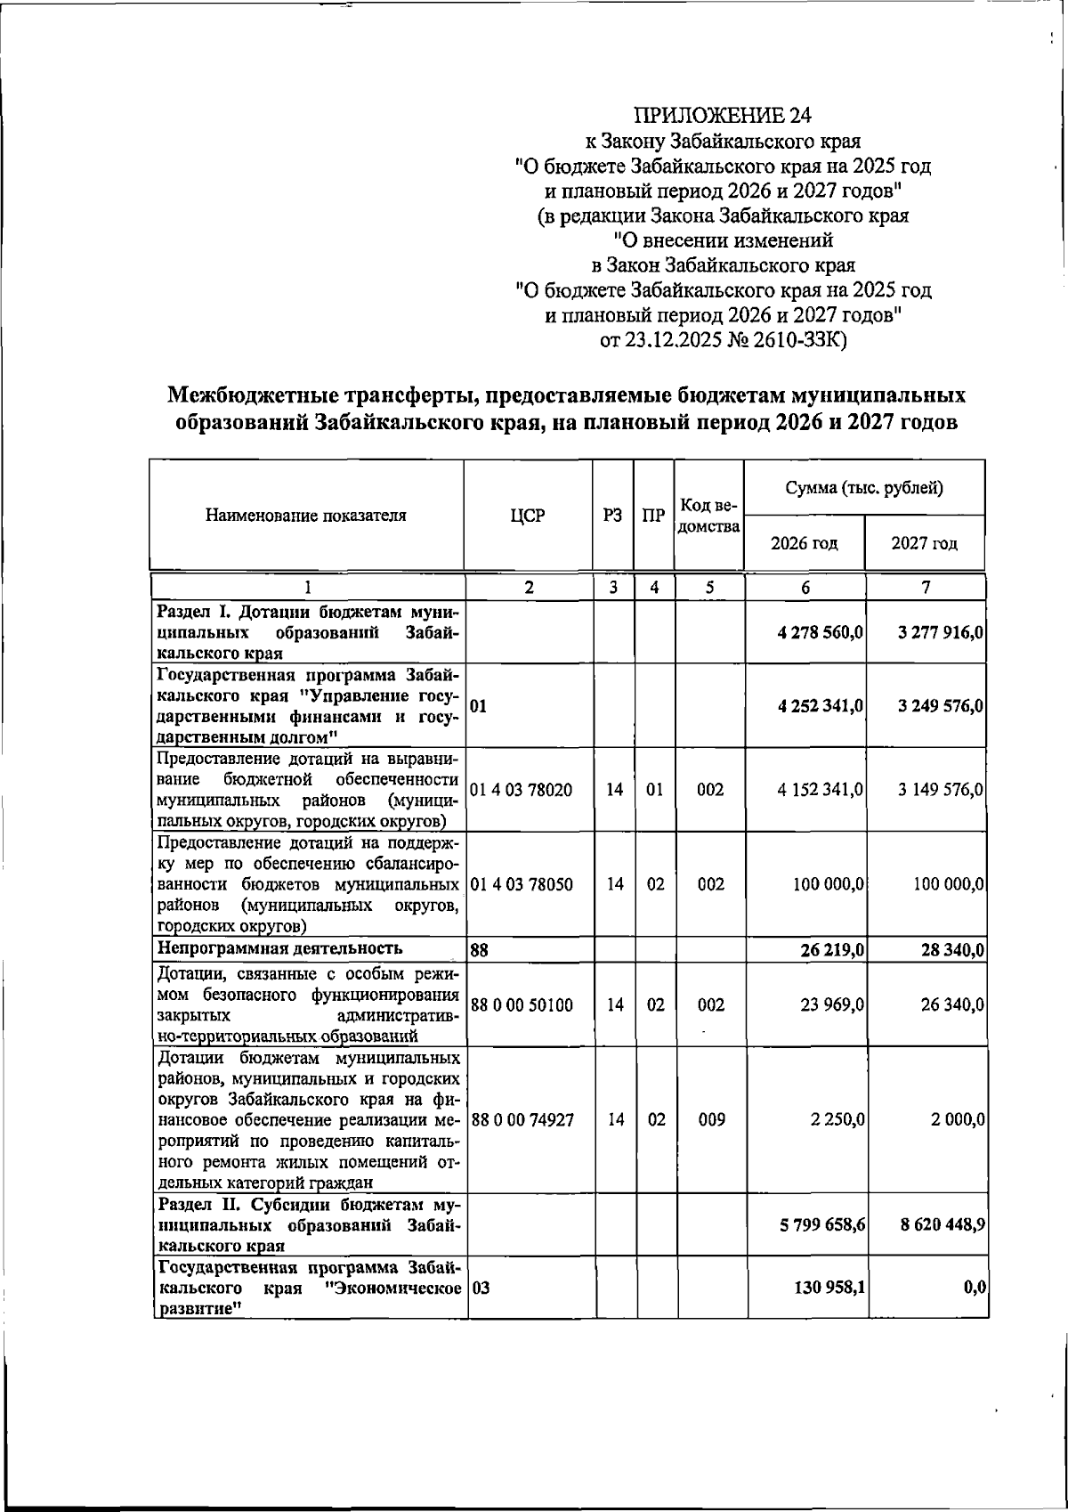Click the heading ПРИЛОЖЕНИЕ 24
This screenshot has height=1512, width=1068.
(723, 115)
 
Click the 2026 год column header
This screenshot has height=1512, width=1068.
(804, 543)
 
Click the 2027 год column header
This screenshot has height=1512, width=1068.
(925, 543)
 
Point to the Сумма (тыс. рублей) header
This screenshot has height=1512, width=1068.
(864, 487)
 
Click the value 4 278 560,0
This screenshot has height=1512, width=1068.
(821, 632)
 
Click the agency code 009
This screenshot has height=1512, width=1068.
(709, 1120)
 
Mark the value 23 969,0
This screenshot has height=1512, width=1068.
(833, 1004)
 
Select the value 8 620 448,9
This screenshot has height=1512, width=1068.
(941, 1225)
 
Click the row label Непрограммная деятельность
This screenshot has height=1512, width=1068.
(279, 947)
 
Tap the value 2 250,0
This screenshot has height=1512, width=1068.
(838, 1120)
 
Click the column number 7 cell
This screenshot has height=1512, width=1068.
(926, 588)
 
